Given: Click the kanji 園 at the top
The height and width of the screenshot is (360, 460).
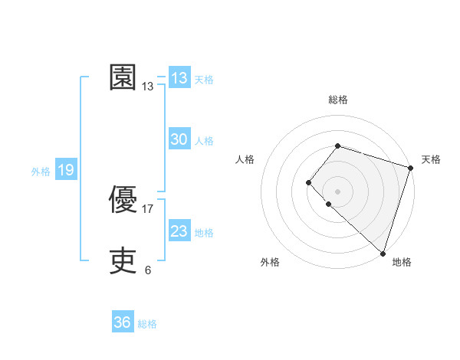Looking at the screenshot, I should click(x=123, y=77).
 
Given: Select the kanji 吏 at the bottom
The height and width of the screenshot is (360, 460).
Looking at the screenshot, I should click(x=123, y=261).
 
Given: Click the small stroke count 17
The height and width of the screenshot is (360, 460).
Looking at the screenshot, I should click(x=148, y=208).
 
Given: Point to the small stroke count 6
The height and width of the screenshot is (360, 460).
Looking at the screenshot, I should click(x=148, y=270).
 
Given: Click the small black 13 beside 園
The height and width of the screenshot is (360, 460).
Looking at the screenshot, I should click(x=148, y=87).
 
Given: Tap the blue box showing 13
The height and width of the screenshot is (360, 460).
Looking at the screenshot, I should click(x=179, y=78).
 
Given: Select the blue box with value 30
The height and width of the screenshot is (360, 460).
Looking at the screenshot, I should click(x=179, y=139).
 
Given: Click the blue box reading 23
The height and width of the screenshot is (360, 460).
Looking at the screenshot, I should click(x=179, y=231).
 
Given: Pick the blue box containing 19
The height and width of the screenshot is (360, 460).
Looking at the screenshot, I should click(x=66, y=170).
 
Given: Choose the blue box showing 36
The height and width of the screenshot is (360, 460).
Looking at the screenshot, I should click(x=123, y=322).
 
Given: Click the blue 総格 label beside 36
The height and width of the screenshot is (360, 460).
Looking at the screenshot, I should click(x=147, y=324).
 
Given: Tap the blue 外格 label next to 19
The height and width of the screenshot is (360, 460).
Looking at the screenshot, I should click(x=41, y=172).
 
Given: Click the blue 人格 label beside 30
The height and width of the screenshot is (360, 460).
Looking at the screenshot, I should click(x=204, y=141).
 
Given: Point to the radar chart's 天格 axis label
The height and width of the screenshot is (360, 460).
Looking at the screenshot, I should click(x=431, y=159).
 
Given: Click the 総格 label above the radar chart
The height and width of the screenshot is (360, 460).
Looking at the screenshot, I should click(x=337, y=100).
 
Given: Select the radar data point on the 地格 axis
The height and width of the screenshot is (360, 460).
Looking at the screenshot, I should click(x=383, y=253).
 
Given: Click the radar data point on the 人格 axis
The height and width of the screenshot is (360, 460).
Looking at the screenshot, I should click(x=308, y=182).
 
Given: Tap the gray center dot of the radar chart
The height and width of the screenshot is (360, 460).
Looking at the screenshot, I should click(x=337, y=191).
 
